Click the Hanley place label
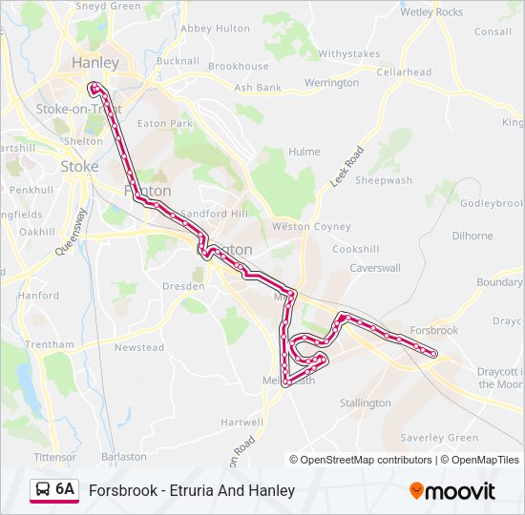[x=95, y=63]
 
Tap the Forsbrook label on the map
[x=433, y=330]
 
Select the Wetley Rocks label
[x=431, y=12]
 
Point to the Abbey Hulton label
[x=209, y=29]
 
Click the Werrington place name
[x=331, y=83]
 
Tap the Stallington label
[x=366, y=403]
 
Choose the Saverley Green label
[x=439, y=438]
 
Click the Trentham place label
[x=50, y=344]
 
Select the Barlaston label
[x=123, y=457]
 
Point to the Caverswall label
[x=375, y=268]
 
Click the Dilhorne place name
[x=472, y=236]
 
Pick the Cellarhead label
[x=404, y=72]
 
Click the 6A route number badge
[x=65, y=489]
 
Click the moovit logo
[x=452, y=491]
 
